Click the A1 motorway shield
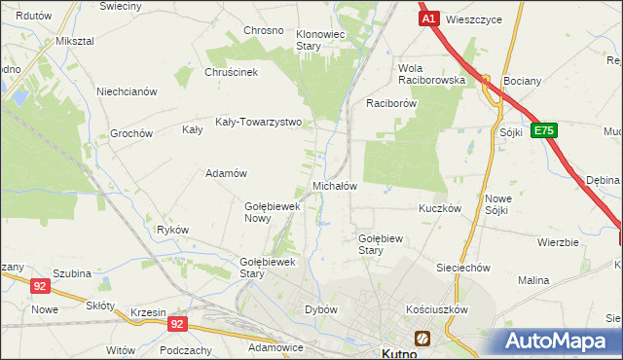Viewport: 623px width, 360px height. [429, 18]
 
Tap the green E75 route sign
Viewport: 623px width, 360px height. [545, 129]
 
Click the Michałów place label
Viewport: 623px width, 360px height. [335, 186]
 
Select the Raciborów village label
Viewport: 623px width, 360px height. [391, 102]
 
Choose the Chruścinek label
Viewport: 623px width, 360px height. [231, 71]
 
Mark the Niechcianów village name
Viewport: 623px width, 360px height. [127, 91]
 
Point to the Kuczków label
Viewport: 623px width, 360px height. [439, 208]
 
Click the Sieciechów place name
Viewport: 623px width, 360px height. [462, 267]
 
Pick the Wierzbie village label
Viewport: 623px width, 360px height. [558, 242]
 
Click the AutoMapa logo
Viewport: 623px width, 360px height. [559, 341]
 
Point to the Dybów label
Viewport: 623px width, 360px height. [321, 309]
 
